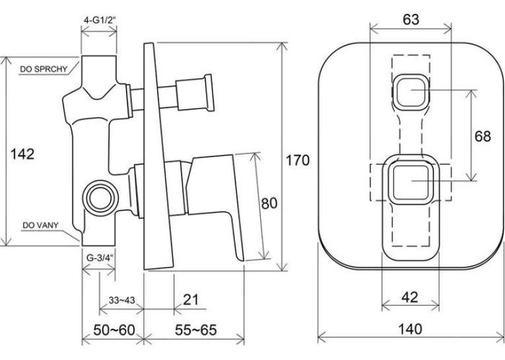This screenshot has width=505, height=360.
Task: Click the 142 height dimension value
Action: (x=22, y=154)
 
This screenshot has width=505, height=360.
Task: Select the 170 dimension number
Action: (x=298, y=160)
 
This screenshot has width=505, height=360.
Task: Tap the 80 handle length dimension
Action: (x=269, y=203)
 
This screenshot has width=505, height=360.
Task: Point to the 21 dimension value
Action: (x=191, y=300)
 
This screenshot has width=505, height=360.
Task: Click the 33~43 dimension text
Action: (x=121, y=301)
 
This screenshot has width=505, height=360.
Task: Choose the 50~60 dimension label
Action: (x=114, y=330)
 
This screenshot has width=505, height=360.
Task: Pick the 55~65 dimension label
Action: (x=196, y=330)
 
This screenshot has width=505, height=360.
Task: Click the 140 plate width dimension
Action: (x=410, y=329)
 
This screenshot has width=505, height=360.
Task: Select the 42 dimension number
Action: (x=410, y=297)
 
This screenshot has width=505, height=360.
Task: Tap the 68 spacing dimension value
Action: (x=483, y=136)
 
